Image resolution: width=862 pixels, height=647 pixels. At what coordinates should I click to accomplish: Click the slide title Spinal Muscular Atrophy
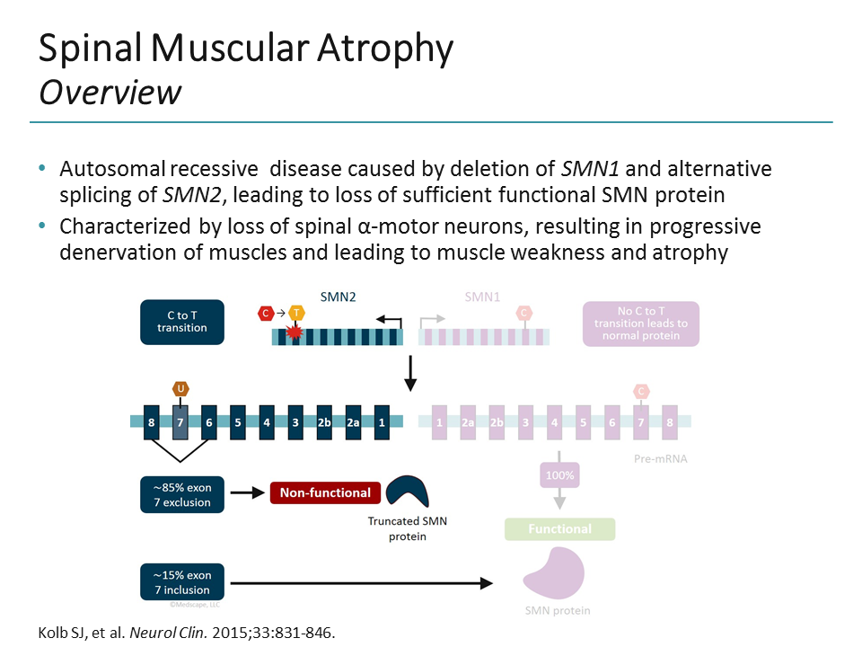(245, 49)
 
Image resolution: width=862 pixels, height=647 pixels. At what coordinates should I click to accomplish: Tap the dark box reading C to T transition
(181, 322)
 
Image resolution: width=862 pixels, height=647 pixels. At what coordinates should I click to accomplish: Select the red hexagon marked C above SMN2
(266, 313)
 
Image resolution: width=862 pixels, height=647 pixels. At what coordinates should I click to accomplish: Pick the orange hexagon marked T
(296, 313)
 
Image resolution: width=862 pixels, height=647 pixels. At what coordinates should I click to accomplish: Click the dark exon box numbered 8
(153, 421)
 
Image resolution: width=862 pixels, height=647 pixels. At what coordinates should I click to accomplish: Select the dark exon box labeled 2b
(324, 421)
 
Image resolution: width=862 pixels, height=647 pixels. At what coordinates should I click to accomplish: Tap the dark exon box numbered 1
(382, 421)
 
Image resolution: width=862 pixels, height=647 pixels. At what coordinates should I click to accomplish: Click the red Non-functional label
(325, 492)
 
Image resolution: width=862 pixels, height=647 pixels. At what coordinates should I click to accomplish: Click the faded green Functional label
(559, 529)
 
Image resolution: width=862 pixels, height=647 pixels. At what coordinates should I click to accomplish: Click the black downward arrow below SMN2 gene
(410, 373)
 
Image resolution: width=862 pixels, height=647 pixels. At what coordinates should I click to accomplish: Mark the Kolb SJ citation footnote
(186, 632)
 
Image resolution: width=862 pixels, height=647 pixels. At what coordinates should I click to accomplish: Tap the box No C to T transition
(640, 322)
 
